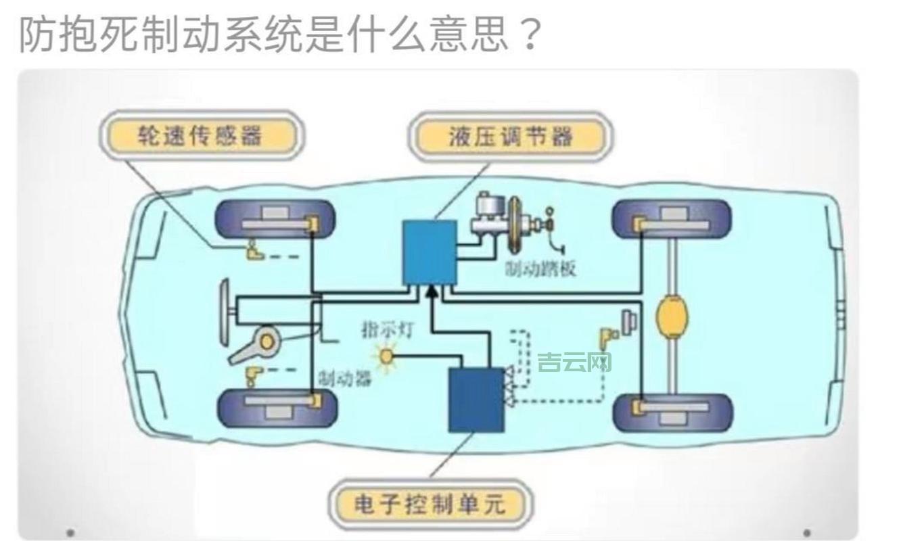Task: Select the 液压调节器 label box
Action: coord(511,137)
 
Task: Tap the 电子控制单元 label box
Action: coord(430,504)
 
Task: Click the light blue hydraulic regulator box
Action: coord(429,252)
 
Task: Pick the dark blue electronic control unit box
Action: coord(476,400)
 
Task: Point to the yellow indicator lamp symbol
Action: coord(387,356)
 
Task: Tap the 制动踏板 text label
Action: coord(541,268)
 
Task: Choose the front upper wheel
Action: coord(276,218)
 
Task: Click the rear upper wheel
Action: coord(672,218)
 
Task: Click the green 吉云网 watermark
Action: coord(574,362)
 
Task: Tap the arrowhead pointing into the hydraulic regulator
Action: coord(430,291)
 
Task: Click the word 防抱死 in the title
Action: coord(78,34)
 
